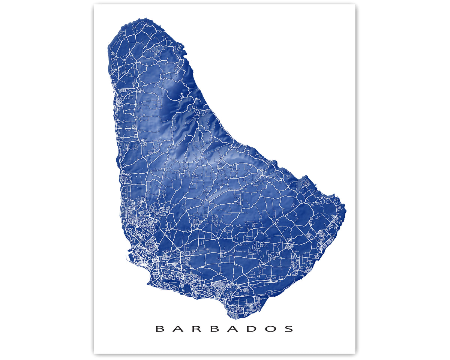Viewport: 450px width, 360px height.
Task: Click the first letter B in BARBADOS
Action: point(160,329)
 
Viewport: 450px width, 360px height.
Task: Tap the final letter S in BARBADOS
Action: point(289,329)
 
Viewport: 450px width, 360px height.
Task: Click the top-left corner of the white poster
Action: point(94,4)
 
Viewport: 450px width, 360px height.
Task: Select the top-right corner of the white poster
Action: point(355,4)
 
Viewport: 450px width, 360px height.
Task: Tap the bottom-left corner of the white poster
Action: point(94,353)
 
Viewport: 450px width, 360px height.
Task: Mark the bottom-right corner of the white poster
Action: point(355,353)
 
